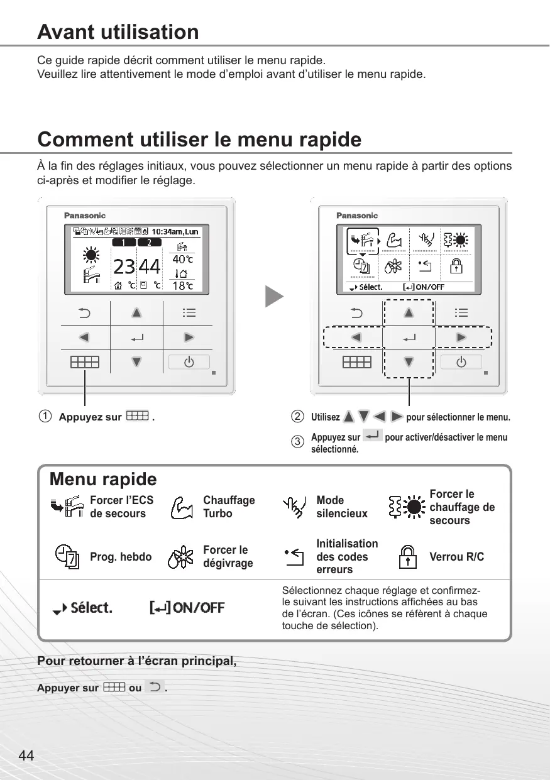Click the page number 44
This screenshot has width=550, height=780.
point(26,756)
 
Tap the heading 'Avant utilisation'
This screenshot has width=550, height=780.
point(118,32)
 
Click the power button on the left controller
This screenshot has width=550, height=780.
point(189,362)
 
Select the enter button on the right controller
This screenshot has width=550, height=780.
point(409,338)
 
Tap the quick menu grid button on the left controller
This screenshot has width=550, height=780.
point(84,362)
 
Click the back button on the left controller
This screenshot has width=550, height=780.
point(84,312)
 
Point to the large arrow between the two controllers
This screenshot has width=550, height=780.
point(274,297)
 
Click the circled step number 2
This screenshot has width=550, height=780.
point(297,417)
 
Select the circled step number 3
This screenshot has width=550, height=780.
point(297,441)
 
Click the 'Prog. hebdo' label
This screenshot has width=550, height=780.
point(121,557)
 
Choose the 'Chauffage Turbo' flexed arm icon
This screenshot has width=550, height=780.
point(181,507)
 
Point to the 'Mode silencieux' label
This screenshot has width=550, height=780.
point(342,507)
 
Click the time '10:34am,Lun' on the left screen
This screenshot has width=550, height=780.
point(175,232)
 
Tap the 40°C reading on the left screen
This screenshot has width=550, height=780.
point(182,259)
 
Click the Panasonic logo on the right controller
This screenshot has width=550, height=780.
point(357,216)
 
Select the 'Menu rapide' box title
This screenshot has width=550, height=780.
point(103,480)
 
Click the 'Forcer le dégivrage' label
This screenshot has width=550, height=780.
point(228,556)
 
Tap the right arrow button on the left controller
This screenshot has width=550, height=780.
point(189,338)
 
